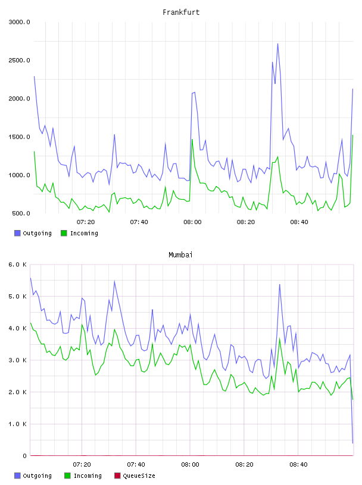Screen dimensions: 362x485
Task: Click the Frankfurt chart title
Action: pos(181,12)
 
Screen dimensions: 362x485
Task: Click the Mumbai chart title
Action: pos(180,255)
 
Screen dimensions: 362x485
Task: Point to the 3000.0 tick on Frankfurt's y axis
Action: pos(19,22)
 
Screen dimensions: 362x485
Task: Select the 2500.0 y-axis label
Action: pos(19,60)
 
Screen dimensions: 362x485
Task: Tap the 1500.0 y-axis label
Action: pos(19,137)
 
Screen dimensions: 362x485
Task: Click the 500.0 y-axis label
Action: pos(21,213)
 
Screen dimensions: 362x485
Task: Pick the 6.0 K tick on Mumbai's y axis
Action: pos(17,264)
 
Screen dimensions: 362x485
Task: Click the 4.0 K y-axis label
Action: pos(17,328)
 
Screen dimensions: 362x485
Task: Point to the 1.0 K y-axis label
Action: pos(17,424)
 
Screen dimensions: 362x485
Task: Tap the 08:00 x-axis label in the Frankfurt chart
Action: pos(192,222)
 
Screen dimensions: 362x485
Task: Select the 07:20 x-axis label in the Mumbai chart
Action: pos(82,465)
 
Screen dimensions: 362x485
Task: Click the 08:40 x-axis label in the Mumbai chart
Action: pos(298,465)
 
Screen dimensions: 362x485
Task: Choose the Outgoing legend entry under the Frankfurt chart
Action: pos(33,233)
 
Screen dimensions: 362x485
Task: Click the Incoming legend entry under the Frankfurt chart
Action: pos(79,233)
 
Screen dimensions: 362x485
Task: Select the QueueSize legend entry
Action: pos(135,475)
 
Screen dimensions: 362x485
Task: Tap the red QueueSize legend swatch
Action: pos(117,475)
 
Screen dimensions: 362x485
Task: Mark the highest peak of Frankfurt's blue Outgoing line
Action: pos(277,43)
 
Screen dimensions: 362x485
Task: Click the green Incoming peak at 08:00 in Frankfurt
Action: pos(192,140)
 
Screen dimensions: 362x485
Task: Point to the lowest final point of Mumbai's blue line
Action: pos(352,443)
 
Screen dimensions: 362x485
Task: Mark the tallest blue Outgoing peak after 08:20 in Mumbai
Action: pos(280,284)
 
